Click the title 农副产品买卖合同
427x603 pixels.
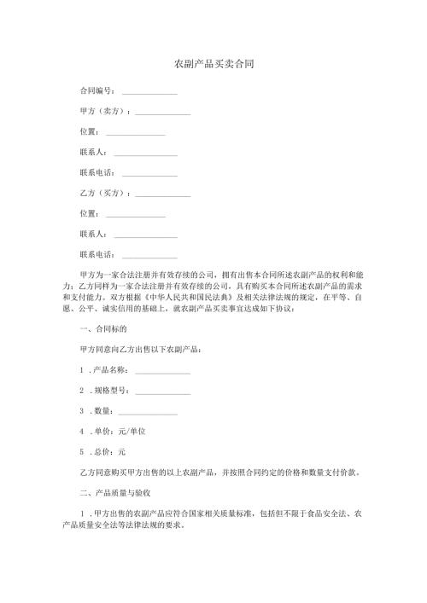click(x=213, y=64)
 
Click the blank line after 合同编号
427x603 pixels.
click(x=149, y=92)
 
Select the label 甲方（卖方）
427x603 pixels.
click(x=103, y=111)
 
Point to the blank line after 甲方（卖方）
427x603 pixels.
click(x=162, y=113)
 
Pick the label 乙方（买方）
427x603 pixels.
click(x=103, y=193)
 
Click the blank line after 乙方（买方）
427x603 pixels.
click(x=162, y=195)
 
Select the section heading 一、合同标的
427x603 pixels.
click(x=102, y=328)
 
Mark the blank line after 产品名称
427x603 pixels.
click(x=162, y=372)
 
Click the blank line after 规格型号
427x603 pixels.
click(x=162, y=392)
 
